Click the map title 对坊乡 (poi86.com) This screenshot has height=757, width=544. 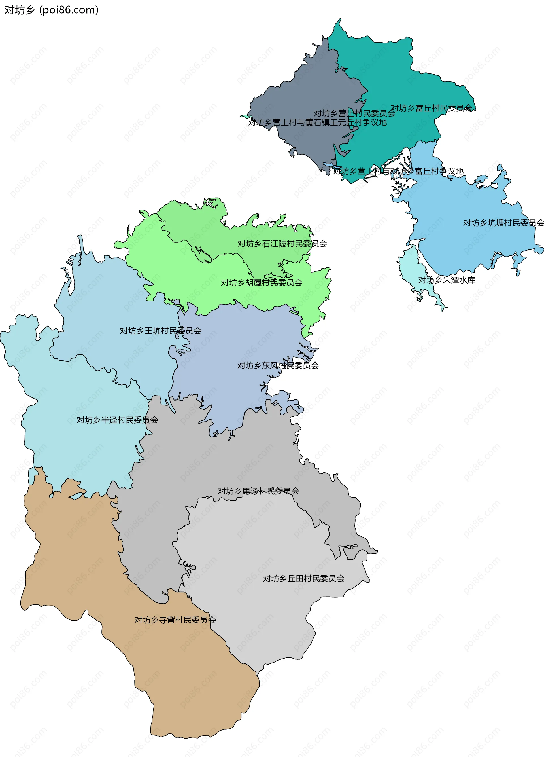pyautogui.click(x=51, y=10)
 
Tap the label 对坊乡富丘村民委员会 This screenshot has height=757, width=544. pyautogui.click(x=431, y=108)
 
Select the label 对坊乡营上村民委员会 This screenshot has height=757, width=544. pyautogui.click(x=354, y=113)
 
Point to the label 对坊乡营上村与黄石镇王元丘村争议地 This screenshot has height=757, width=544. pyautogui.click(x=317, y=122)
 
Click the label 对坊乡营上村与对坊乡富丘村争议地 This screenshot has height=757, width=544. pyautogui.click(x=398, y=171)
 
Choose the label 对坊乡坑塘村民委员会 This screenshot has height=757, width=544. pyautogui.click(x=503, y=223)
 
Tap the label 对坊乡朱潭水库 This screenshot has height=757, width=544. pyautogui.click(x=447, y=280)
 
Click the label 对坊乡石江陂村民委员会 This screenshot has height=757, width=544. pyautogui.click(x=282, y=244)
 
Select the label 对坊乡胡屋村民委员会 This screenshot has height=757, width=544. pyautogui.click(x=262, y=282)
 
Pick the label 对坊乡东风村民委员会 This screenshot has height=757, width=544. pyautogui.click(x=278, y=365)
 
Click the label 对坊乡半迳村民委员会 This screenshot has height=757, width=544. pyautogui.click(x=117, y=420)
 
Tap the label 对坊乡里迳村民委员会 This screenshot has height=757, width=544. pyautogui.click(x=258, y=491)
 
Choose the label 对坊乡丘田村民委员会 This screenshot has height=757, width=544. pyautogui.click(x=303, y=578)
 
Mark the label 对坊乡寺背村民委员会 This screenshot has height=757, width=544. pyautogui.click(x=175, y=620)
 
